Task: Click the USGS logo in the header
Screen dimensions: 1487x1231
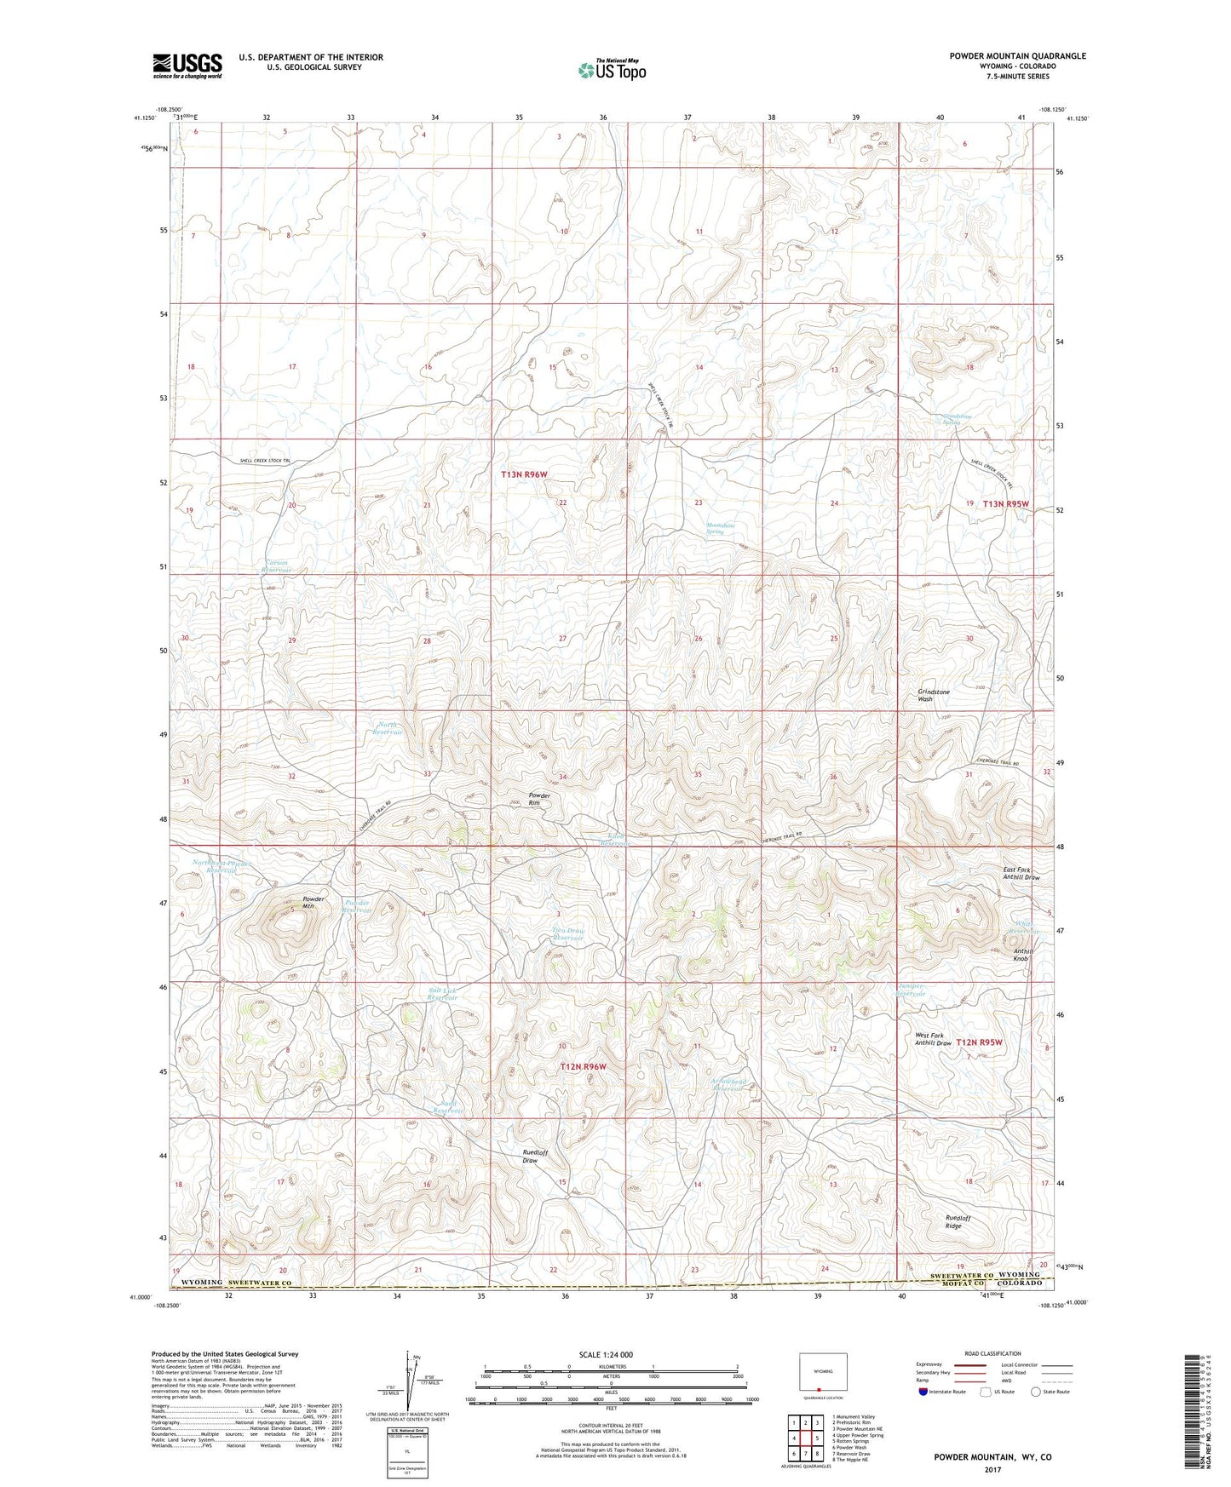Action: (x=187, y=66)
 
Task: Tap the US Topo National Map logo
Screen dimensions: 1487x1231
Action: (x=611, y=69)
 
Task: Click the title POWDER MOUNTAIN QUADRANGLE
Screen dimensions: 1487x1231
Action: (x=1017, y=56)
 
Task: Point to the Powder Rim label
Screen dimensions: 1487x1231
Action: (x=538, y=799)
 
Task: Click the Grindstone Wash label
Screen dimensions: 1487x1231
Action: (x=933, y=695)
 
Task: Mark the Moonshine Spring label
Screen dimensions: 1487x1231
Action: (x=720, y=528)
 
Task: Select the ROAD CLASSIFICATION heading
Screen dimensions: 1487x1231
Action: (x=992, y=1353)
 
